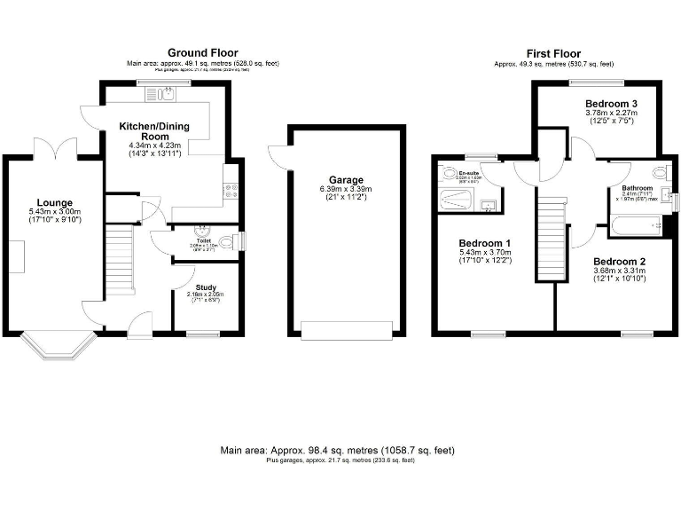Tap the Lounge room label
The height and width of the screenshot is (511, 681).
coord(54,202)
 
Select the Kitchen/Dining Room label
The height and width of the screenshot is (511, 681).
coord(150,131)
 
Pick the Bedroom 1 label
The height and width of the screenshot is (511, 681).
coord(481,243)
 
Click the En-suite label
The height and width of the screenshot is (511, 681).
coord(469,172)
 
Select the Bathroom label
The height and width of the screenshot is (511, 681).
coord(637,188)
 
